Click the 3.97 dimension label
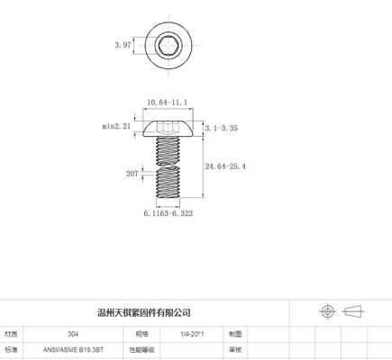pyautogui.click(x=123, y=42)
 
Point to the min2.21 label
pyautogui.click(x=118, y=127)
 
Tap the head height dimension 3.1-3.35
pyautogui.click(x=223, y=130)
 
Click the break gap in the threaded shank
pyautogui.click(x=169, y=166)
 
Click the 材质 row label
pyautogui.click(x=12, y=332)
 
